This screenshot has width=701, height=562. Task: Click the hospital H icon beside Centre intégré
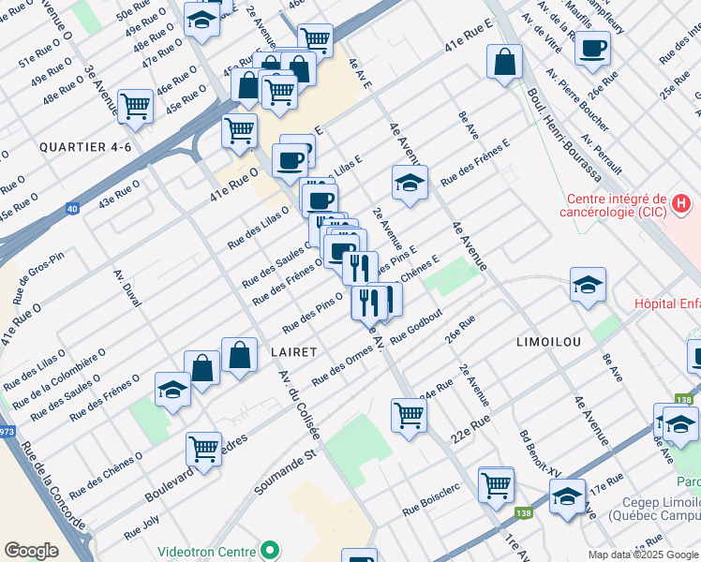[682, 201]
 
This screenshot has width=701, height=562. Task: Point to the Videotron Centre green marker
[271, 549]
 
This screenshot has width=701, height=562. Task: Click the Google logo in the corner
[31, 551]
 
